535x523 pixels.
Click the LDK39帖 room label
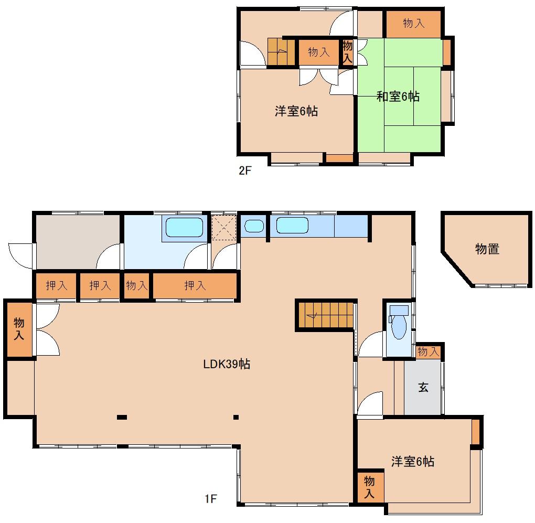pyautogui.click(x=227, y=364)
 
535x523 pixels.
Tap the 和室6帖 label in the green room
pyautogui.click(x=398, y=97)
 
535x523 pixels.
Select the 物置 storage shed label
pyautogui.click(x=487, y=249)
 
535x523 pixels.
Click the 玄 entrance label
pyautogui.click(x=423, y=388)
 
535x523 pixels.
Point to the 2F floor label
pyautogui.click(x=245, y=171)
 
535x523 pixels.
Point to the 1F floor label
pyautogui.click(x=210, y=499)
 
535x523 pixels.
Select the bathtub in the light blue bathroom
pyautogui.click(x=184, y=228)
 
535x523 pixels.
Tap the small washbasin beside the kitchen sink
pyautogui.click(x=254, y=226)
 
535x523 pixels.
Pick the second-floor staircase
pyautogui.click(x=281, y=52)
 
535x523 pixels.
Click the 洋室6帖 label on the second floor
pyautogui.click(x=296, y=111)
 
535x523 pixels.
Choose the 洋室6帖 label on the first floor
pyautogui.click(x=413, y=462)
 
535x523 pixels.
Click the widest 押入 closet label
pyautogui.click(x=195, y=285)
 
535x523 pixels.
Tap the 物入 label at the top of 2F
pyautogui.click(x=413, y=23)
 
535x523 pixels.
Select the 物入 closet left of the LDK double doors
pyautogui.click(x=19, y=328)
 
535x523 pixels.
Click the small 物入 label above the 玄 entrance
pyautogui.click(x=428, y=351)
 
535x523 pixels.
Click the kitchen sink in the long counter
pyautogui.click(x=292, y=226)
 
